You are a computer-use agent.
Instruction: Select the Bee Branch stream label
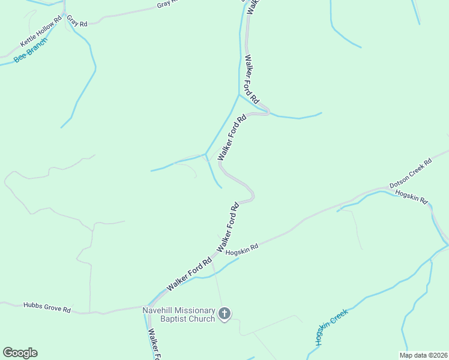31,52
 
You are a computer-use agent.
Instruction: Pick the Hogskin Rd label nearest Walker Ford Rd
242,249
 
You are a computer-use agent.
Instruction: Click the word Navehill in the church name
158,310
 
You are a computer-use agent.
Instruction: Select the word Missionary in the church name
195,310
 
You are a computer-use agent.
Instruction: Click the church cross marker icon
224,314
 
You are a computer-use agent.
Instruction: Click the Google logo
20,353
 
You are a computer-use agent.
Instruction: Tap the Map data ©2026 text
423,355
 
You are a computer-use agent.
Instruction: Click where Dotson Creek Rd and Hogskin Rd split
384,190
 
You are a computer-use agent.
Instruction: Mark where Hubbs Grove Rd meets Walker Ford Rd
146,307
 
